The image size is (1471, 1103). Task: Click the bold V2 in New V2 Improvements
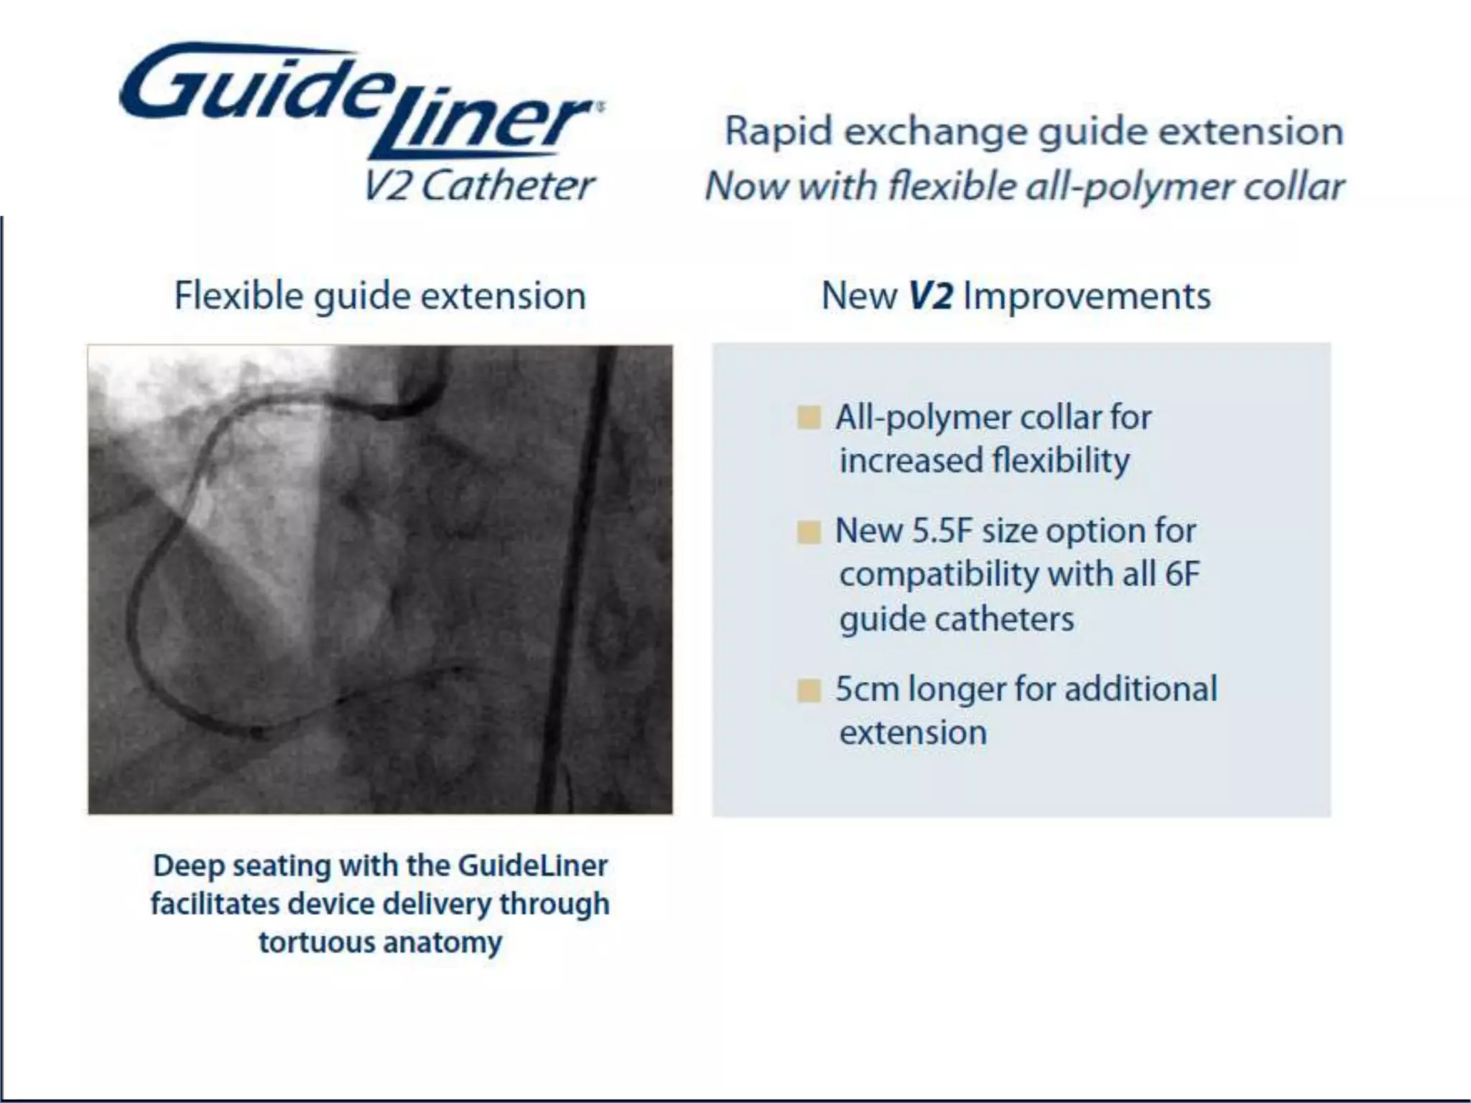pos(931,296)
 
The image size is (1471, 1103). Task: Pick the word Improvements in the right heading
pos(1087,296)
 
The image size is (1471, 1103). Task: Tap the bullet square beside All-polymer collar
pos(809,417)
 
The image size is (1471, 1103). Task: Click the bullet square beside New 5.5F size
pos(809,532)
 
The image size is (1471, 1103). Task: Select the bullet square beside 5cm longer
pos(809,690)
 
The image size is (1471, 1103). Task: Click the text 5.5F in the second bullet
pos(942,531)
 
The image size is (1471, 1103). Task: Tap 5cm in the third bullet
pos(868,689)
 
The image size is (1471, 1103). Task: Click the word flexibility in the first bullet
pos(1060,461)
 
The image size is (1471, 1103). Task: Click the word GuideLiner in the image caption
pos(532,866)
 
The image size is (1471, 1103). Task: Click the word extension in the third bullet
pos(913,733)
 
